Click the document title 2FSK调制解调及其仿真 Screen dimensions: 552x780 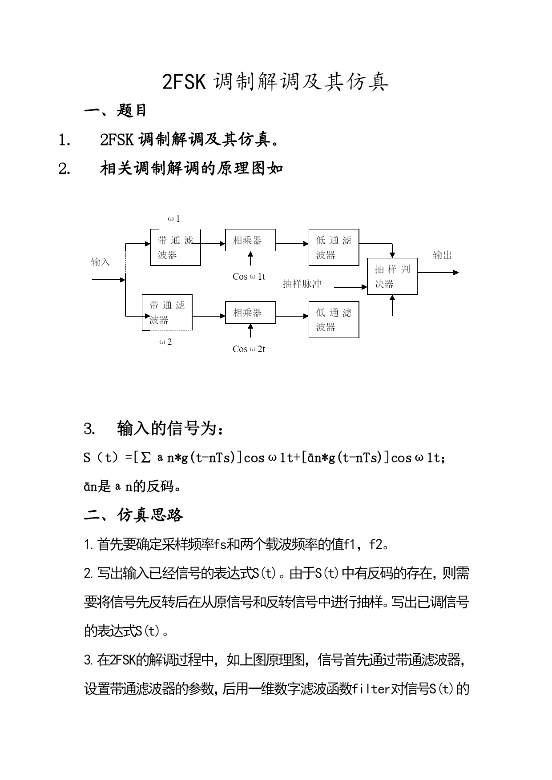tap(275, 81)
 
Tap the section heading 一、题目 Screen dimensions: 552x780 tap(115, 110)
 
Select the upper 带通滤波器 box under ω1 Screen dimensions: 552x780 tap(175, 248)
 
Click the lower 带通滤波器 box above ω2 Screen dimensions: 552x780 tap(167, 312)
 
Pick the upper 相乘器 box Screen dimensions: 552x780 tap(250, 240)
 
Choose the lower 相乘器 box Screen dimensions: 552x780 tap(250, 313)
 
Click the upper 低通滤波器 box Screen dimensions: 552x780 tap(334, 247)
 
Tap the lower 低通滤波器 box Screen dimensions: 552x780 tap(334, 319)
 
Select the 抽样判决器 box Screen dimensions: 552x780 tap(392, 276)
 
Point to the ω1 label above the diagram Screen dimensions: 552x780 tap(174, 219)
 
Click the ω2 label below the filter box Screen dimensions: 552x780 tap(165, 342)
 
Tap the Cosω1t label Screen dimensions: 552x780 tap(249, 277)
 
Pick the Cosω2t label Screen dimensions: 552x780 tap(249, 349)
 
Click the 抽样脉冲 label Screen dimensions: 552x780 tap(302, 284)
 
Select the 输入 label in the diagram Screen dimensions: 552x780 tap(100, 262)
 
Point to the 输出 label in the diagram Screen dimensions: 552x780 tap(443, 255)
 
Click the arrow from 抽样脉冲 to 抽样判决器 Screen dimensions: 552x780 tap(351, 287)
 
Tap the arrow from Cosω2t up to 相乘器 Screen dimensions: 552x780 tap(250, 331)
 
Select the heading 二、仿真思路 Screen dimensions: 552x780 tap(133, 515)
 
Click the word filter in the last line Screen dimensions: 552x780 tap(371, 689)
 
